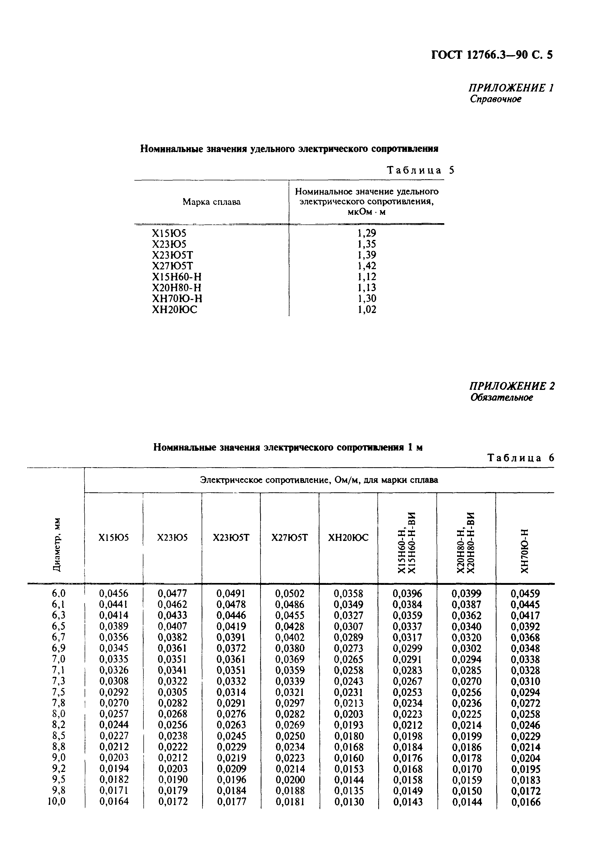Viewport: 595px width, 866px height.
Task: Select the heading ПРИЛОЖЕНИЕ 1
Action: click(511, 88)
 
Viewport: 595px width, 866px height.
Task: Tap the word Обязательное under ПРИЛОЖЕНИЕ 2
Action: click(501, 397)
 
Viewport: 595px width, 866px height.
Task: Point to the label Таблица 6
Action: click(521, 458)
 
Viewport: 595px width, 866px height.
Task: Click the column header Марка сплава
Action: click(211, 202)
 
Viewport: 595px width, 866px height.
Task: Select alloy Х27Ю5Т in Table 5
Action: click(173, 266)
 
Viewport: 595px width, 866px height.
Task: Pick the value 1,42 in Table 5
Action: click(367, 266)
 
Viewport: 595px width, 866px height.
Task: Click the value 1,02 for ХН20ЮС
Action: click(367, 310)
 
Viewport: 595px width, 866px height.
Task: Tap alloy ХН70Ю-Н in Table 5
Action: click(177, 299)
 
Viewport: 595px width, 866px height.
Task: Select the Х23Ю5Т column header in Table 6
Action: click(231, 538)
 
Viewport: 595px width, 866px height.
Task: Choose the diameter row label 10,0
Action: click(57, 801)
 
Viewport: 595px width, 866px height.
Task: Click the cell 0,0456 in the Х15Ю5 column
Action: click(113, 593)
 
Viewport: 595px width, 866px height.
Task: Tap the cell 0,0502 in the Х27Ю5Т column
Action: click(290, 593)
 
